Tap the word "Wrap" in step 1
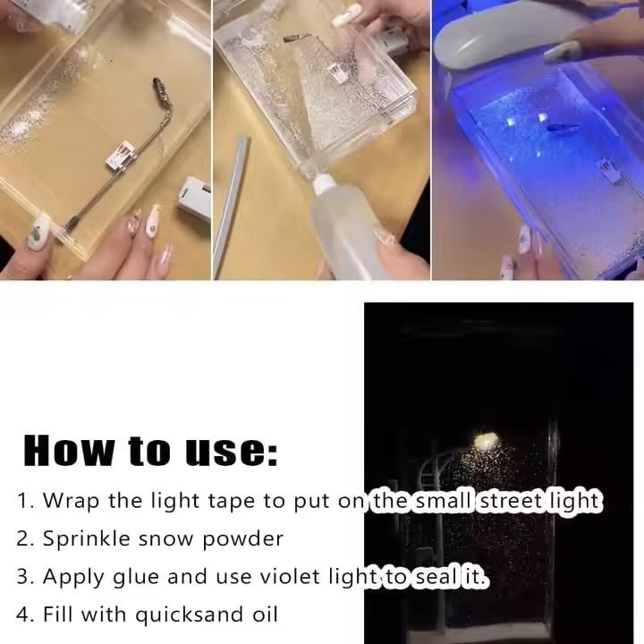[x=72, y=501]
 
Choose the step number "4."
[x=26, y=615]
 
